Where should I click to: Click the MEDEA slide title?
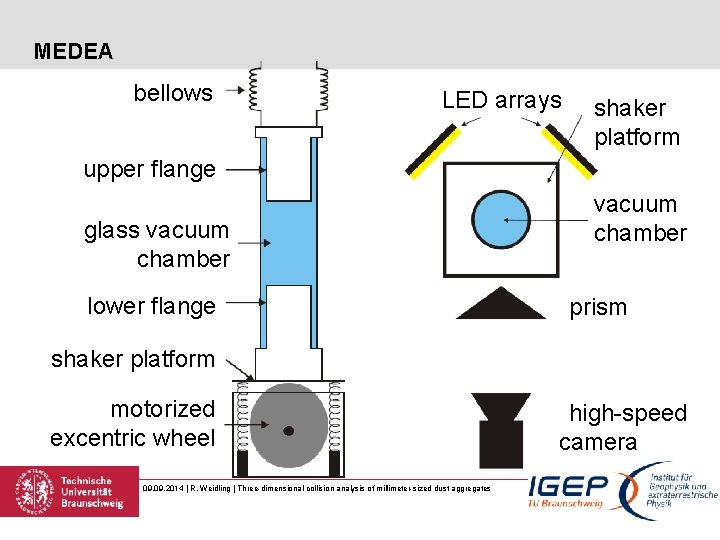click(73, 51)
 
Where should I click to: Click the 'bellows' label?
click(173, 93)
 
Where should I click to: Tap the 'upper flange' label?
click(149, 169)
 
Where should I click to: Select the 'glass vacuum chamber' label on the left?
click(157, 245)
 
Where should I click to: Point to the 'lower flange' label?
click(151, 306)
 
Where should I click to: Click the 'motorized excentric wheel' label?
click(133, 423)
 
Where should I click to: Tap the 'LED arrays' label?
click(501, 100)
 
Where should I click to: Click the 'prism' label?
click(598, 307)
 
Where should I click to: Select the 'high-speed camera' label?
click(623, 427)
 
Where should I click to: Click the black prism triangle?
click(500, 304)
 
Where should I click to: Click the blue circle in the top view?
click(501, 220)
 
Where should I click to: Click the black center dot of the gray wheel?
click(289, 431)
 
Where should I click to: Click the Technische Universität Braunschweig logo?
click(69, 491)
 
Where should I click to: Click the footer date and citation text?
click(316, 487)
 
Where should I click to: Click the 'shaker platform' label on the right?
click(636, 122)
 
